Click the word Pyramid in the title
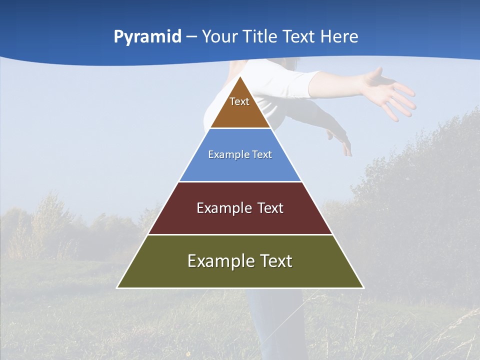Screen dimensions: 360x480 (147, 37)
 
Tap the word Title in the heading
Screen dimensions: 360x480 (261, 36)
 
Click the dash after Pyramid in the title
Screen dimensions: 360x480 (191, 37)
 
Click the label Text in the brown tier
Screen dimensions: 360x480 (239, 101)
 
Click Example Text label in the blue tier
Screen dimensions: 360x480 (240, 154)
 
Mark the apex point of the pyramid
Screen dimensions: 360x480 (240, 76)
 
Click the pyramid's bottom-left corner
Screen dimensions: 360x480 (117, 287)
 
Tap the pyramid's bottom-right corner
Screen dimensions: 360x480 (363, 287)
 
